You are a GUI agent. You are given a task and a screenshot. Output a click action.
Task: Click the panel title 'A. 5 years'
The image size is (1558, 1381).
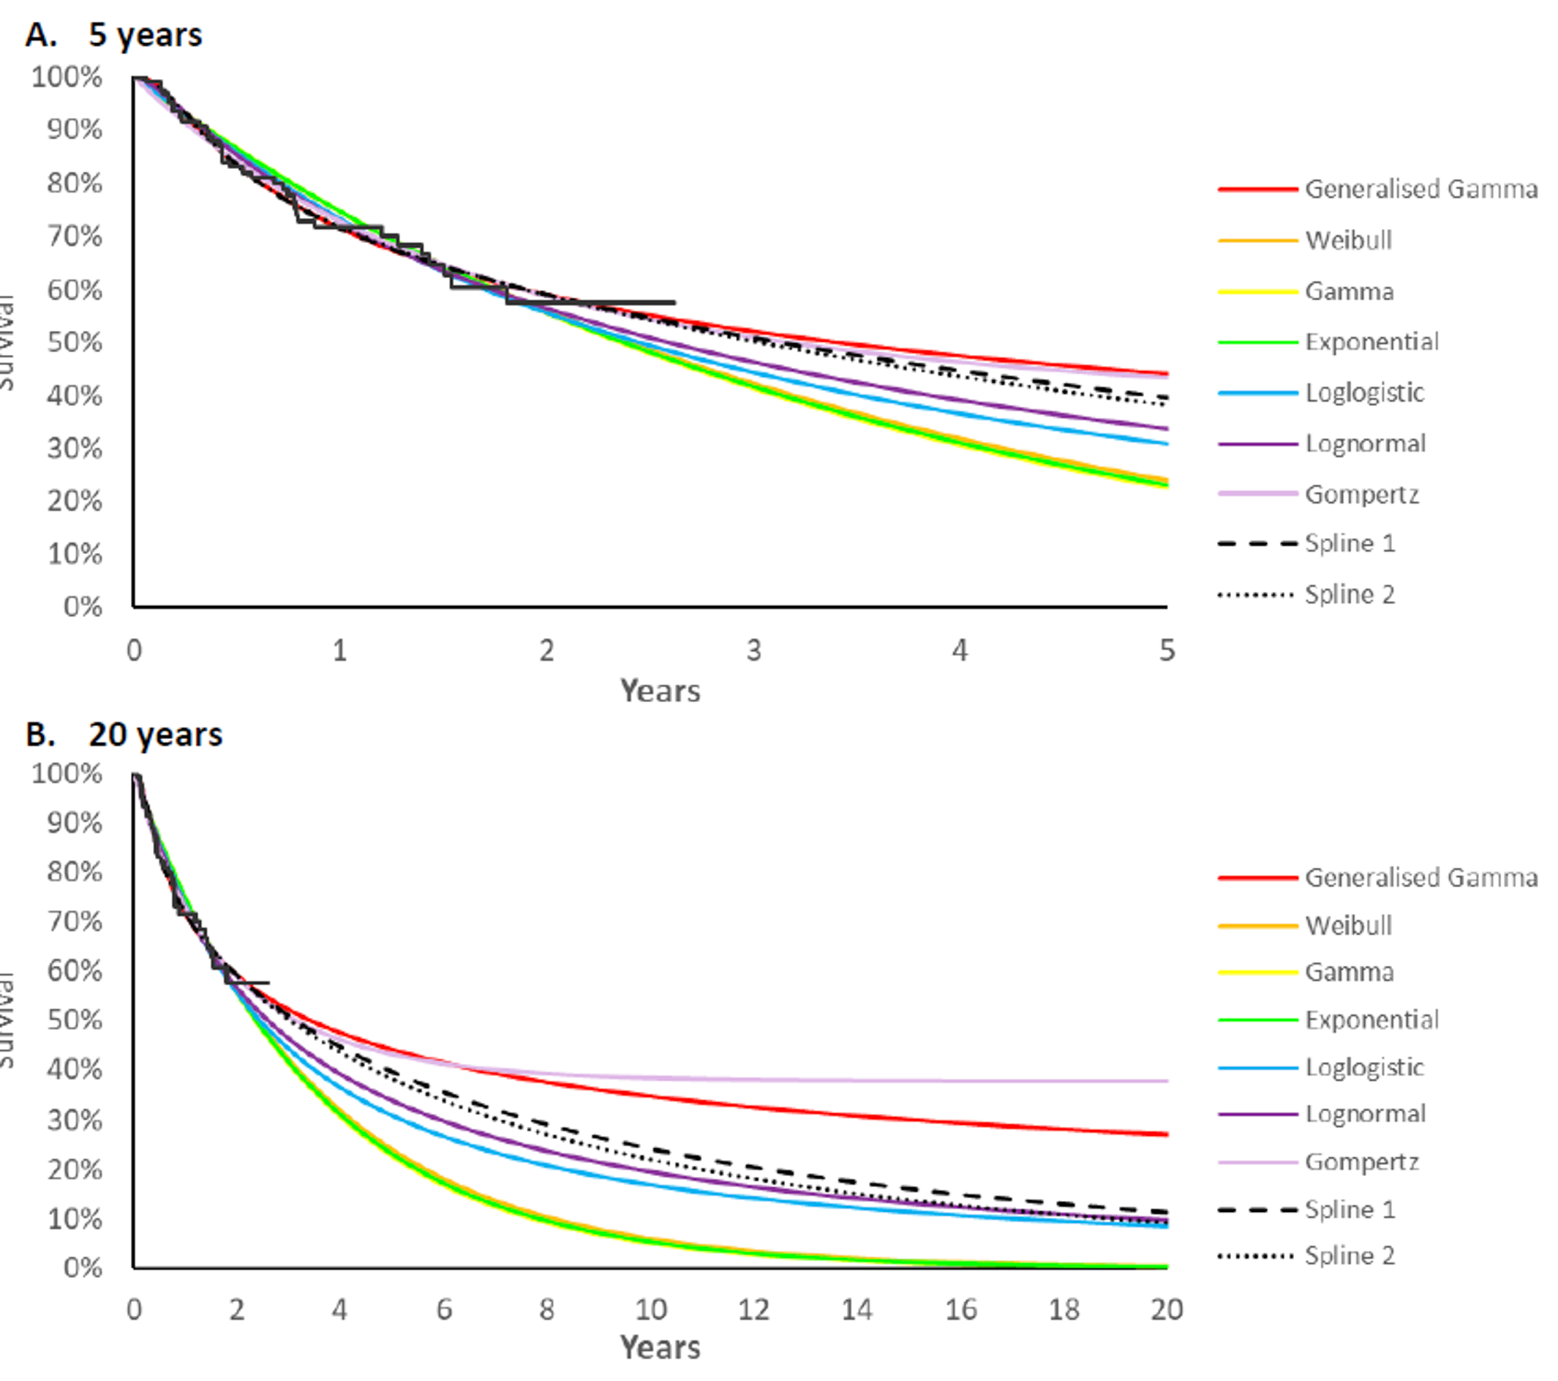click(x=114, y=35)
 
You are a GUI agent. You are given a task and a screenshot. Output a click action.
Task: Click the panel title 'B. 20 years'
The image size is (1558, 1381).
click(x=124, y=734)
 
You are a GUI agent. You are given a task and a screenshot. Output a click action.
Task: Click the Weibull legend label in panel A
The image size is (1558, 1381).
click(x=1348, y=240)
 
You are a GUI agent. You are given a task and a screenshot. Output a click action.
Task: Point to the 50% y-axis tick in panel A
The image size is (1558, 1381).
click(x=74, y=343)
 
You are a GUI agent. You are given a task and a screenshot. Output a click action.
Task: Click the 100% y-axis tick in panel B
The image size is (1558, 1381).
click(x=67, y=774)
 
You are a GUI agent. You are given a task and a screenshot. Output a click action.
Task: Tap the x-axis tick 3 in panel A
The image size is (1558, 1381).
click(x=753, y=651)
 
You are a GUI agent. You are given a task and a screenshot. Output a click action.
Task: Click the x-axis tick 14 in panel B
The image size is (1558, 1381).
click(x=857, y=1309)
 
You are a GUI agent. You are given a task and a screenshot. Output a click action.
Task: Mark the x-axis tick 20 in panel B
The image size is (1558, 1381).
click(x=1166, y=1309)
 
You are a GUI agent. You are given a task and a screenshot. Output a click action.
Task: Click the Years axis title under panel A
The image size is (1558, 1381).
click(x=659, y=691)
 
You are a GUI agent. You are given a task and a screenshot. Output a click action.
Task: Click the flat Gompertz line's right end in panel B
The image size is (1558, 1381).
click(x=1166, y=1080)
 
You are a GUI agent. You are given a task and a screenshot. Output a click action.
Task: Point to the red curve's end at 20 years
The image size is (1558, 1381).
click(x=1166, y=1134)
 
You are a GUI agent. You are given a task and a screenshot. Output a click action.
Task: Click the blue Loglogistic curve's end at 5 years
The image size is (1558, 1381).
click(x=1166, y=443)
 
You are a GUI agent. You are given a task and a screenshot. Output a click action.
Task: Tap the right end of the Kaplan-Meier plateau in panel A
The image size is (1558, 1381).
click(x=674, y=303)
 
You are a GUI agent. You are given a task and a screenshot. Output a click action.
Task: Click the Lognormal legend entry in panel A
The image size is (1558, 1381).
click(x=1364, y=444)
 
